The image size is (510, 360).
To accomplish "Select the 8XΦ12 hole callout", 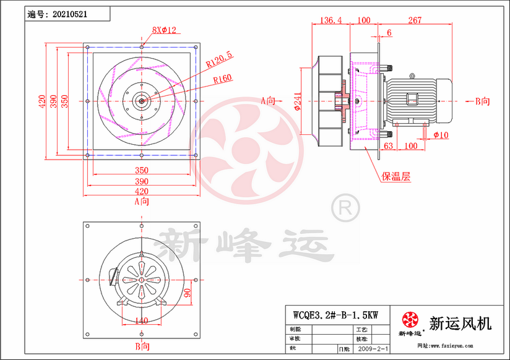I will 165,30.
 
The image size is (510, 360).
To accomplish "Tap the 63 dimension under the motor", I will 388,146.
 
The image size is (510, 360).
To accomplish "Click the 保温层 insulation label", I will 395,177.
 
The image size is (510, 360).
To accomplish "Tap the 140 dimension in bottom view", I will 142,320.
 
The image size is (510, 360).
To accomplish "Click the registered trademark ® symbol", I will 344,207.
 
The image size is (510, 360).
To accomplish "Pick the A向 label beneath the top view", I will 142,201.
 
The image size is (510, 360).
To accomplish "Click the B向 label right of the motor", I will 482,100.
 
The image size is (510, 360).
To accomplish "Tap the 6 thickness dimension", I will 389,32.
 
